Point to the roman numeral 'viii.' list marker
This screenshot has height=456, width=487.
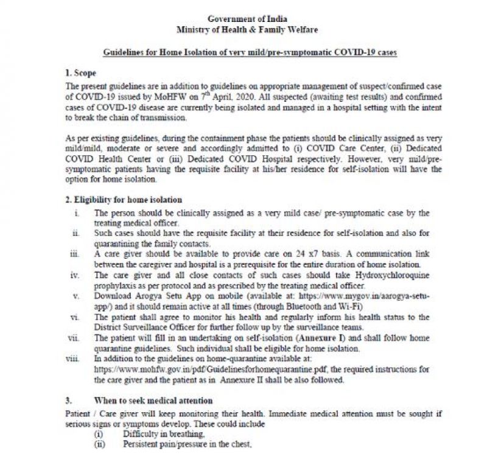click(x=73, y=359)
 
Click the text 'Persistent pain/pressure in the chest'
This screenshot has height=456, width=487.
click(x=187, y=445)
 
